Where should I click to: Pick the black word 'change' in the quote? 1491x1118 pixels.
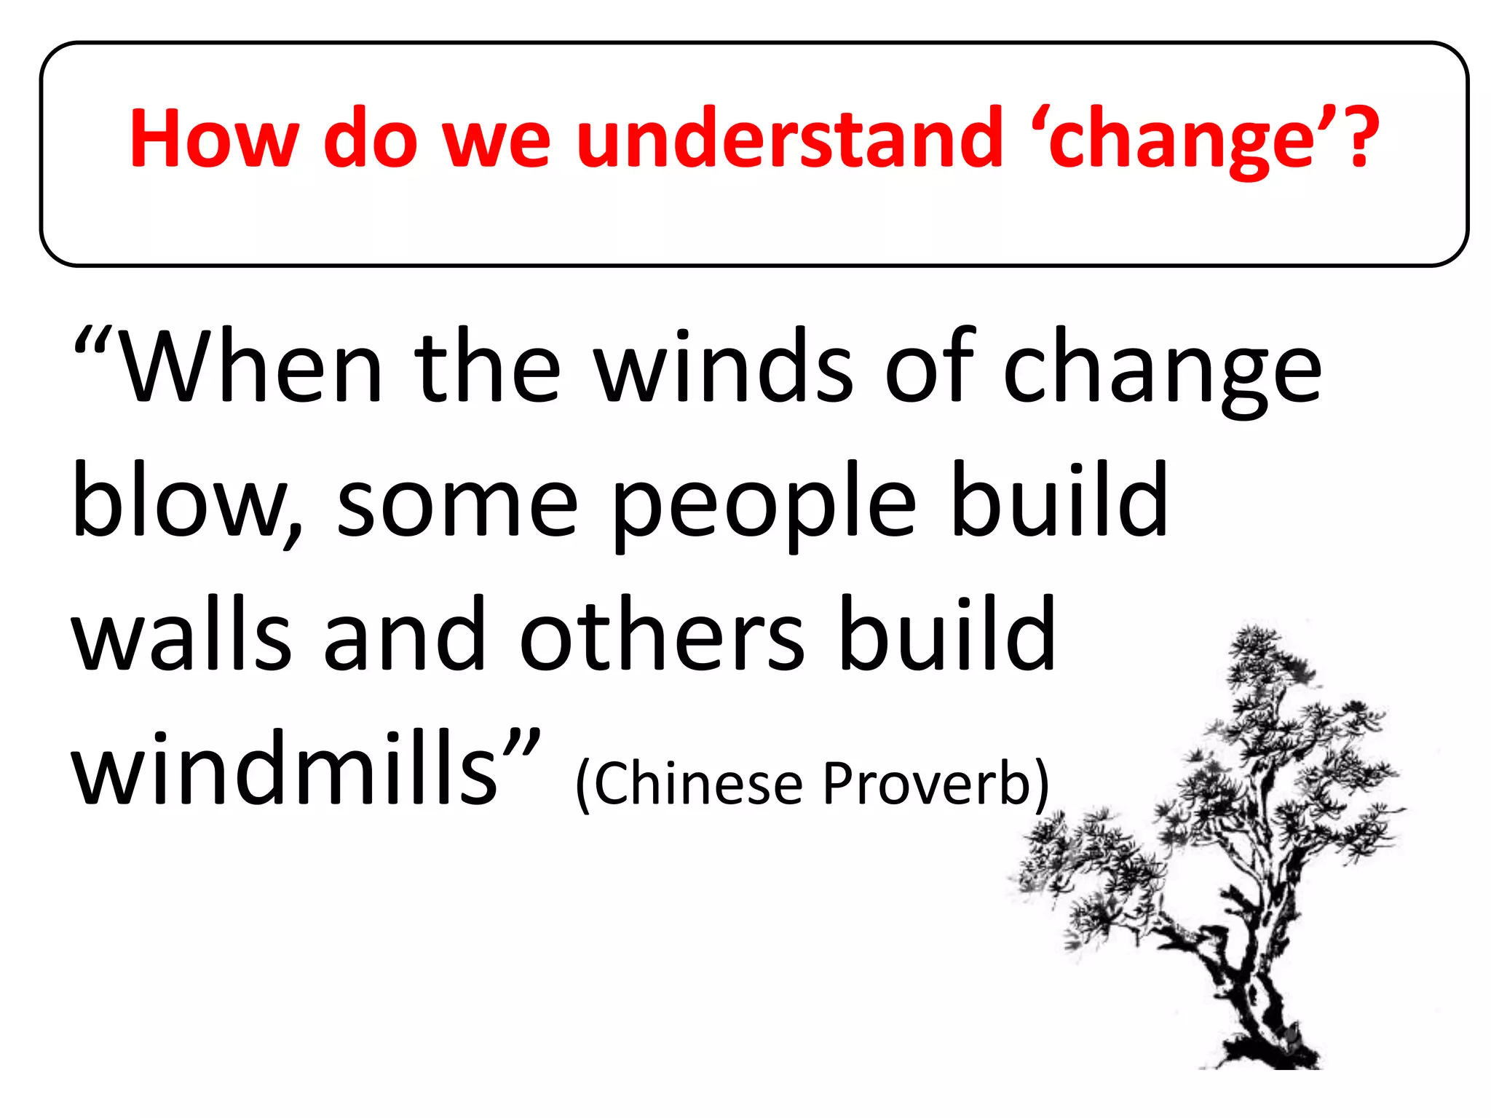1162,371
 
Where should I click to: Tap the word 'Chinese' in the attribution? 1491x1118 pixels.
699,783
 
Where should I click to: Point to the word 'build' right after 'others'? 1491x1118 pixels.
947,633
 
